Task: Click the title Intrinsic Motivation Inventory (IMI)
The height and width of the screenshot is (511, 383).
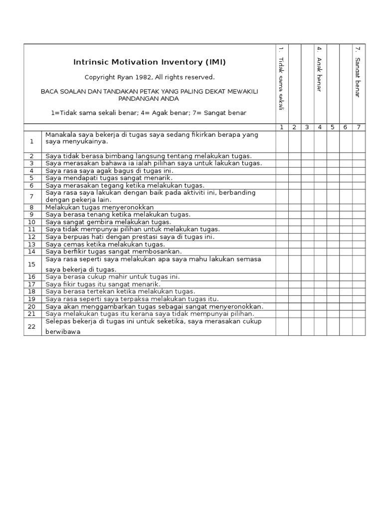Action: click(x=150, y=62)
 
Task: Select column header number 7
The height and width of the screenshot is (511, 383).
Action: click(x=358, y=127)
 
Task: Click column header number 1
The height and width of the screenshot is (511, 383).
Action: click(x=281, y=127)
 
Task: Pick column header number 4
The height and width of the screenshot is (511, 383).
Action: click(x=319, y=127)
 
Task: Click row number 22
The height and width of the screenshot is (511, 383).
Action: click(x=32, y=326)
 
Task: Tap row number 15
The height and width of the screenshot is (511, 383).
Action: click(x=32, y=264)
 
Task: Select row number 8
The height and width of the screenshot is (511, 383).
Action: click(x=32, y=207)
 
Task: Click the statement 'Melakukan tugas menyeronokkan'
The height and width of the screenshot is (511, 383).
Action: click(x=99, y=207)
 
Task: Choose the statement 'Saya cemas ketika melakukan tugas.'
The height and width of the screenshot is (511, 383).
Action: click(x=105, y=245)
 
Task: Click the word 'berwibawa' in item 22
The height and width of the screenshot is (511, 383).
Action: click(x=63, y=331)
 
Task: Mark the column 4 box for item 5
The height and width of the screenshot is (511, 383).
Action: click(x=320, y=178)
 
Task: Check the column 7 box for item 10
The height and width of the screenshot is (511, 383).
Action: click(x=359, y=222)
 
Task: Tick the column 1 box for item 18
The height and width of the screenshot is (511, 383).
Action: click(x=281, y=291)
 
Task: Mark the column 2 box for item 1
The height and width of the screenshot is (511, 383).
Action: click(x=294, y=142)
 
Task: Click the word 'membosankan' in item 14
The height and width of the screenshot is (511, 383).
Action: click(x=159, y=252)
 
